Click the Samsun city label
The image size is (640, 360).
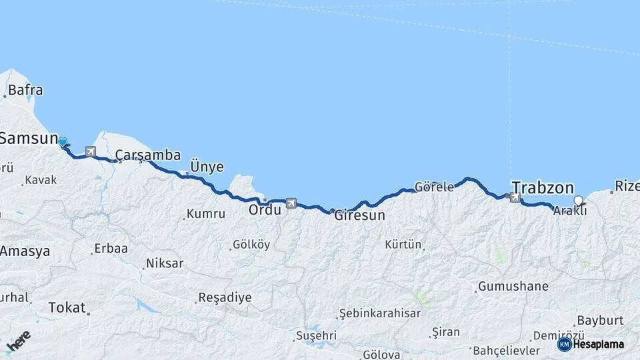pos(29,139)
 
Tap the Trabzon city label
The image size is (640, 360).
pos(542,187)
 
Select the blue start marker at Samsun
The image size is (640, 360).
pos(63,142)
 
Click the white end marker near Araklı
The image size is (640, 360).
pos(578,200)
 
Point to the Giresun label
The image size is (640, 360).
pos(360,215)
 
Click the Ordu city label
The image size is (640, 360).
pos(265,209)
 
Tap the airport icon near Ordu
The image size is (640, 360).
pos(291,203)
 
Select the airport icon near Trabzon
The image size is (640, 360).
pos(514,197)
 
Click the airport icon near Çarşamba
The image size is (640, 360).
pos(91,151)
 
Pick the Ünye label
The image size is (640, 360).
pos(207,166)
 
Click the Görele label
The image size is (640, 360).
pos(434,187)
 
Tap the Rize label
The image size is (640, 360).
pos(627,185)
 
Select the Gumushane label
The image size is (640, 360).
pos(513,287)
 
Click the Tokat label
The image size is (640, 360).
pos(67,307)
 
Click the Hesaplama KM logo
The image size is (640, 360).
pos(591,345)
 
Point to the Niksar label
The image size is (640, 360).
pos(164,263)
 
